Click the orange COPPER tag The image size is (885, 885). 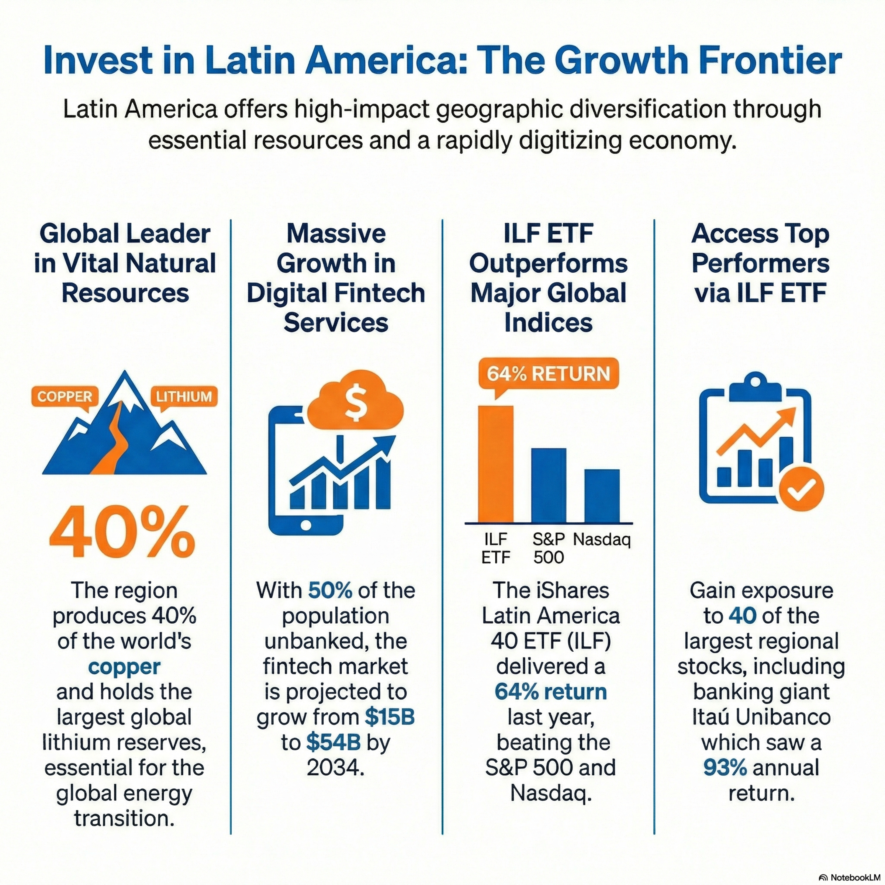[65, 396]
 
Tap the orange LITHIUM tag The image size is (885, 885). [184, 396]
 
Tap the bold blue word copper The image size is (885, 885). [124, 666]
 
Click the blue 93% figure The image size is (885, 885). [725, 768]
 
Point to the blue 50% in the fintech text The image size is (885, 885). [330, 591]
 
